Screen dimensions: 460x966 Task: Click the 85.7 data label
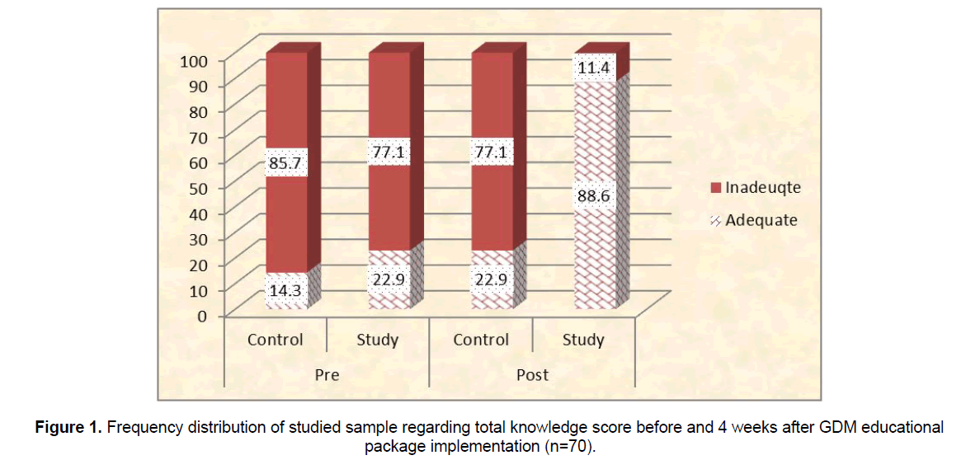(285, 165)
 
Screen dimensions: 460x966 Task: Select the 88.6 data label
(593, 196)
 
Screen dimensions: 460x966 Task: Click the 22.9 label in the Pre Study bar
(389, 279)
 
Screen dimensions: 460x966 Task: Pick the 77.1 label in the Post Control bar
(492, 153)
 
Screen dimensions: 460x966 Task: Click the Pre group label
(327, 374)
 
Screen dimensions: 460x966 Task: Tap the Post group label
(532, 374)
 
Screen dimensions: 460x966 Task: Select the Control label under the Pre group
(276, 340)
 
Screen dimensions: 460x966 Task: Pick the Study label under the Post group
(584, 340)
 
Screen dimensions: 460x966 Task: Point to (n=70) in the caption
(569, 446)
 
